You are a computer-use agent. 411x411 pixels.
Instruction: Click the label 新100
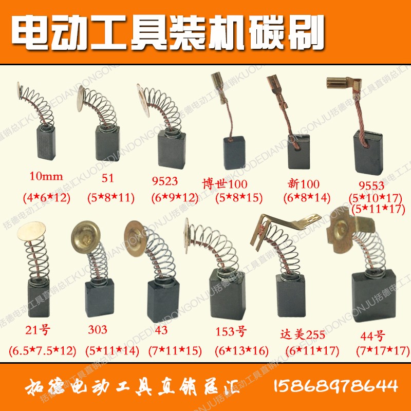[304, 184]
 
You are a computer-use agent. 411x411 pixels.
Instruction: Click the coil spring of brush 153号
[206, 247]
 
